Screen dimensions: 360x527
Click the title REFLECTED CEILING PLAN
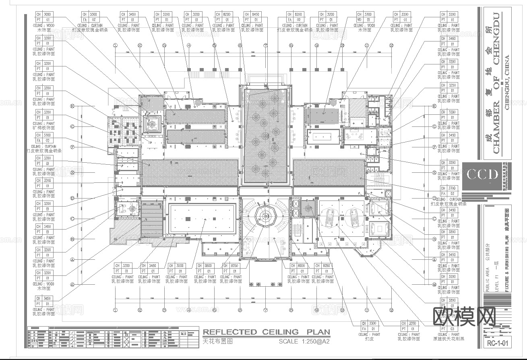coord(266,332)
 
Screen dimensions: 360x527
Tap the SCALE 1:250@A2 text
coord(304,341)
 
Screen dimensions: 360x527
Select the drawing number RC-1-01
coord(498,344)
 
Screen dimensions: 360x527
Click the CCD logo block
coord(482,175)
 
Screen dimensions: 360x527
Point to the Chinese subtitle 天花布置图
coord(217,341)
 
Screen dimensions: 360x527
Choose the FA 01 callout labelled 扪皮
coord(368,329)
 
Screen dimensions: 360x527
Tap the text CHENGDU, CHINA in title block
coord(507,82)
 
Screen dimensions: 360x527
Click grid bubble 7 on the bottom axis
coord(265,310)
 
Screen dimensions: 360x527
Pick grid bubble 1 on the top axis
coord(115,46)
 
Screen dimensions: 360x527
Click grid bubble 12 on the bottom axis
coord(391,310)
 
